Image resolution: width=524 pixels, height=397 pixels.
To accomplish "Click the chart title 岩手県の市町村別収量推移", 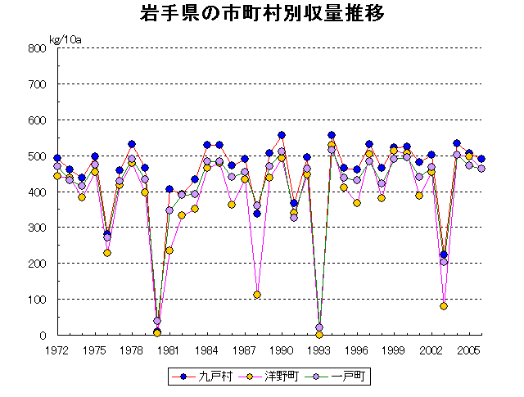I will coord(261,15).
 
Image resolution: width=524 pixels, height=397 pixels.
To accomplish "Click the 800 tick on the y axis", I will coord(38,48).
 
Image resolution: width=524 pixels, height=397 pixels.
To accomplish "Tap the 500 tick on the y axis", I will coord(38,156).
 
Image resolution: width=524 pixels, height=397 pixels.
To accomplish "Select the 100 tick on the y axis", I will coord(38,300).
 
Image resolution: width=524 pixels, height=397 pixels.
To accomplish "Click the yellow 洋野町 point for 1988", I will coord(257,295).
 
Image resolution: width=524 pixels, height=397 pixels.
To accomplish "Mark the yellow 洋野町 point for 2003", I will coord(444,306).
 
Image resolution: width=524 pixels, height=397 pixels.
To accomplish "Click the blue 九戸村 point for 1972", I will coord(57,158).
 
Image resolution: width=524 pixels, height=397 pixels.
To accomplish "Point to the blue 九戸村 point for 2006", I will coord(481,159).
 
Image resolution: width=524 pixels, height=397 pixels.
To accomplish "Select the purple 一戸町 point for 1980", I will coord(157,321).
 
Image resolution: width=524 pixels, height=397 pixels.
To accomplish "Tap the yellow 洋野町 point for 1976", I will coord(107,253).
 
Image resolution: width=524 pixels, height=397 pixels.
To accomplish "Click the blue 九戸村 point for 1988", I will coord(257,214).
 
